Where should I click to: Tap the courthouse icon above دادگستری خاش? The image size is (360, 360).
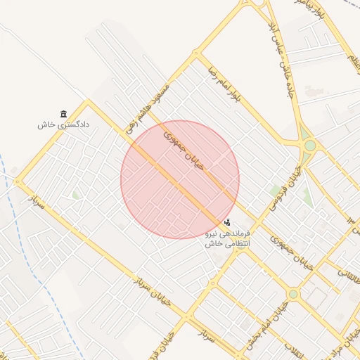pos(64,114)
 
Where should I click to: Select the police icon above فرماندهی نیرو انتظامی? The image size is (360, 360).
pos(226,222)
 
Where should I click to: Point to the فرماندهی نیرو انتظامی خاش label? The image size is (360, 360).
pos(227,238)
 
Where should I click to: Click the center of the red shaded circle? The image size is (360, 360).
pos(180,179)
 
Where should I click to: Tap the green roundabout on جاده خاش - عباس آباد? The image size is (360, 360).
pos(309,146)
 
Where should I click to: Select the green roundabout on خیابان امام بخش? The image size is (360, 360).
pos(292,293)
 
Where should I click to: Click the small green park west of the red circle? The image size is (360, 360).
pos(75,195)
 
